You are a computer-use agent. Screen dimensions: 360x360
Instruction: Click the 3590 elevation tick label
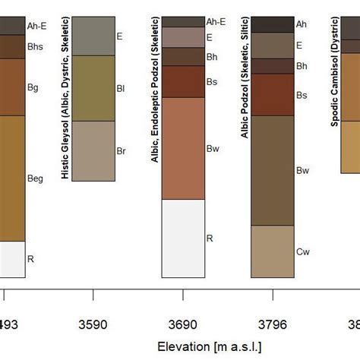pyautogui.click(x=93, y=324)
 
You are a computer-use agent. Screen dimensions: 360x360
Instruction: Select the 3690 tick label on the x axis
pyautogui.click(x=183, y=324)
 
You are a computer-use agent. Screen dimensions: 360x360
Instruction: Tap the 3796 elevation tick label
pyautogui.click(x=273, y=324)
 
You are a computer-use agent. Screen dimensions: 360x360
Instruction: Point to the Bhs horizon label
pyautogui.click(x=36, y=47)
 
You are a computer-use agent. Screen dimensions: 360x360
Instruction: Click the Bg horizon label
pyautogui.click(x=33, y=87)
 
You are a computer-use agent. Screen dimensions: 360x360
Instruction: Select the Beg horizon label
pyautogui.click(x=36, y=178)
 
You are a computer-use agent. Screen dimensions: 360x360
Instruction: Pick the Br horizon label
pyautogui.click(x=120, y=152)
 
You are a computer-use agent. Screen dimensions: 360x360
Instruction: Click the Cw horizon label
pyautogui.click(x=302, y=251)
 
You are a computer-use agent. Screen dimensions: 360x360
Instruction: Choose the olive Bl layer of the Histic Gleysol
pyautogui.click(x=93, y=88)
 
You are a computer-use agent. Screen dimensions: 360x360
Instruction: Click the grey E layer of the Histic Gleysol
pyautogui.click(x=93, y=36)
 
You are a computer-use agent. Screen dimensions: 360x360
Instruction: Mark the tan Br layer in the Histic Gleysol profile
pyautogui.click(x=93, y=151)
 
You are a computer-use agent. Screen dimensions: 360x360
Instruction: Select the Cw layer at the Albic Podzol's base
pyautogui.click(x=273, y=251)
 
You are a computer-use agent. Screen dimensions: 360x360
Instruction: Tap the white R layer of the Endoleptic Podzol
pyautogui.click(x=183, y=238)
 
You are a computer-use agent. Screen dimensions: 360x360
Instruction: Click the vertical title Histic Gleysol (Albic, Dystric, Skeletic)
pyautogui.click(x=65, y=98)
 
